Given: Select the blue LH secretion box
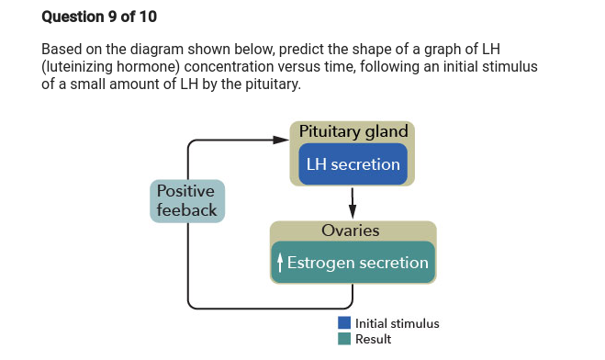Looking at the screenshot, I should click(353, 164).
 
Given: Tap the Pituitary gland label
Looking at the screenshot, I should click(353, 131).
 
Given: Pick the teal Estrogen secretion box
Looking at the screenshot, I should click(353, 263).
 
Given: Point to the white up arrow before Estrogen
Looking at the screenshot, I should click(280, 264).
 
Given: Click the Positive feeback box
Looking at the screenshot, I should click(186, 201).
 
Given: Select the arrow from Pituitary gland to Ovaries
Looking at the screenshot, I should click(353, 203).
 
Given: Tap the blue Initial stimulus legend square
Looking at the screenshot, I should click(344, 323).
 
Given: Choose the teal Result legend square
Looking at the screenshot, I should click(344, 339).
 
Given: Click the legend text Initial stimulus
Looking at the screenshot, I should click(397, 323).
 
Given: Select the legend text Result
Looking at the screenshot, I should click(373, 339).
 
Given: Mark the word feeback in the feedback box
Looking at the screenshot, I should click(186, 210).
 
